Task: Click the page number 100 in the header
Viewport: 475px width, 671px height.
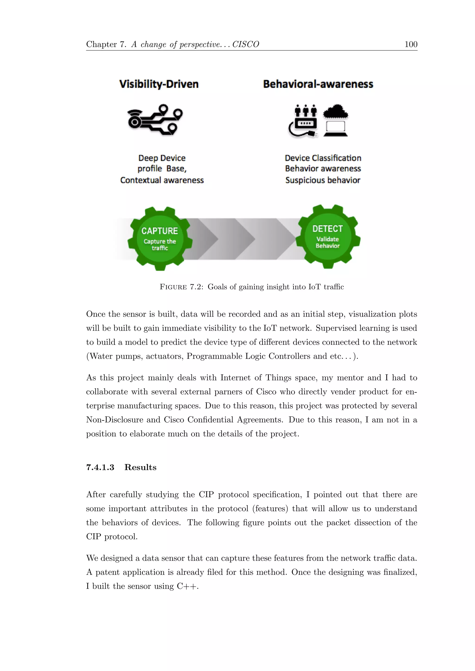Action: pos(411,44)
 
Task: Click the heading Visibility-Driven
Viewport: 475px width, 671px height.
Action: pos(159,84)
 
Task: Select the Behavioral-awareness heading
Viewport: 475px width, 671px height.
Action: pos(318,84)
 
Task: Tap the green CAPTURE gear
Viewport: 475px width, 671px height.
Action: pos(160,239)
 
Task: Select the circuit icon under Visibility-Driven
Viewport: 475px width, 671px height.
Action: pos(155,120)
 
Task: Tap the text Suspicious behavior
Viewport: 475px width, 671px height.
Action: pos(323,180)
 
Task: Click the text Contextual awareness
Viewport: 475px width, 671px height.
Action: pos(162,180)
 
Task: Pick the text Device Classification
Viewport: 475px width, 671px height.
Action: pos(323,158)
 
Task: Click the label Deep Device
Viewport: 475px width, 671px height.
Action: pos(162,158)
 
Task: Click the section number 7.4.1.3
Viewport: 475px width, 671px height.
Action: pos(100,467)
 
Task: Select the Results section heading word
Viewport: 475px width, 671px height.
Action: pos(140,467)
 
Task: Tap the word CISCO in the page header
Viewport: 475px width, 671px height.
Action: pos(246,44)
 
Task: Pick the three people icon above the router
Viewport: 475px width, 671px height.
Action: pos(306,111)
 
